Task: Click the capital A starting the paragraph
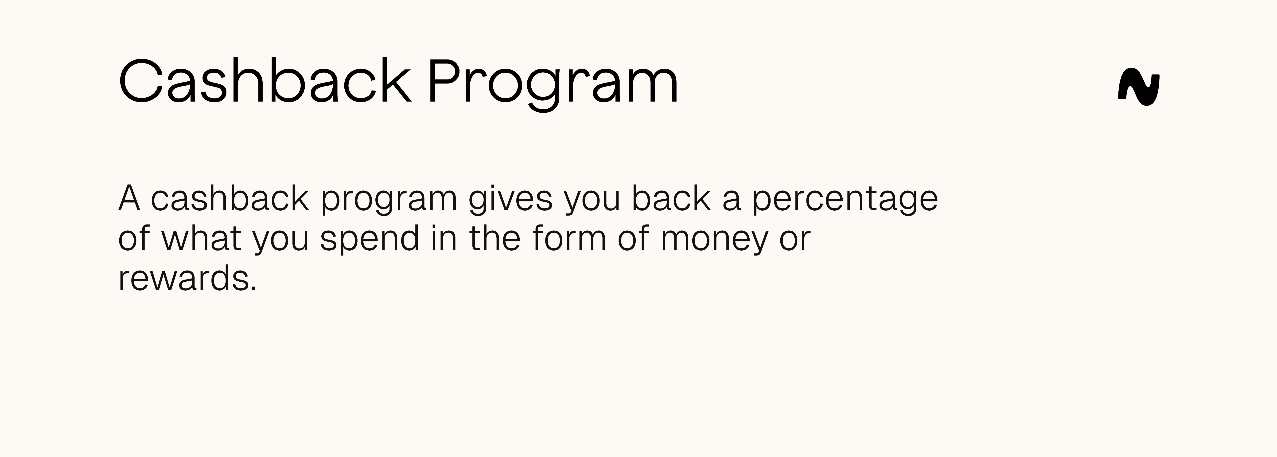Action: pyautogui.click(x=129, y=198)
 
